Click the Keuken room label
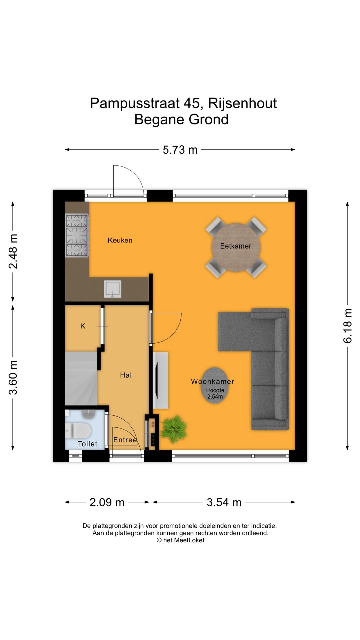coord(120,240)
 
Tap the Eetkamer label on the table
coord(236,246)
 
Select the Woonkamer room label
coord(212,381)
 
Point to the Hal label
coord(126,375)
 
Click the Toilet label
coord(87,444)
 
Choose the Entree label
coord(125,440)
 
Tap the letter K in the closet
coord(83,326)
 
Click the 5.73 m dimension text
coord(180,150)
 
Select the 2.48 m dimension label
coord(13,251)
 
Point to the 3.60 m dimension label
coord(13,377)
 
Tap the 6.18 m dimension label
coord(347,326)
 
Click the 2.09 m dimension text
coord(107,502)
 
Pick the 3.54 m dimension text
coord(224,502)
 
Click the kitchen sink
coord(113,289)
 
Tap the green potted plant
coord(173,429)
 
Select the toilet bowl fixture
coord(78,431)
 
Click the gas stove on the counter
coord(77,236)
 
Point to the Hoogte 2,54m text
coord(215,393)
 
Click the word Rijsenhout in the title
coord(242,103)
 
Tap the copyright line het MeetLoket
coord(180,540)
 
